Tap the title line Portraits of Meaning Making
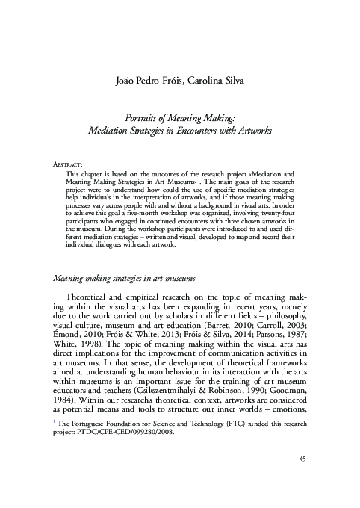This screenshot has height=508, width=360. tap(179, 117)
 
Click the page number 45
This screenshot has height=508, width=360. tap(302, 479)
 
